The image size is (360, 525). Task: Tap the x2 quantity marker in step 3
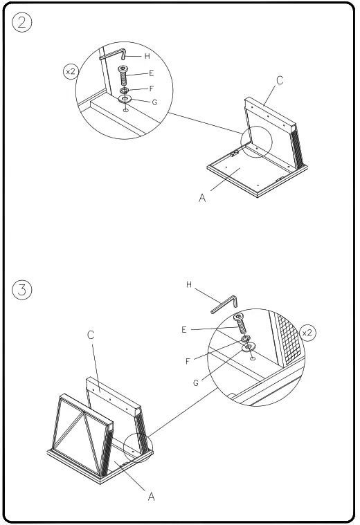(x=308, y=333)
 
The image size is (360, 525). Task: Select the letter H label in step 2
(x=147, y=56)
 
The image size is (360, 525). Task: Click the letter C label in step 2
(x=280, y=80)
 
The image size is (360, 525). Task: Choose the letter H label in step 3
(x=189, y=284)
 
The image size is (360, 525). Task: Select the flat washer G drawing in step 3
(x=247, y=347)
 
